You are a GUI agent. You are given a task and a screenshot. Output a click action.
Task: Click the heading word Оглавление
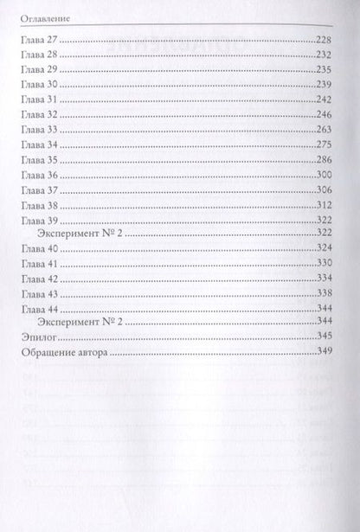(42, 16)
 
